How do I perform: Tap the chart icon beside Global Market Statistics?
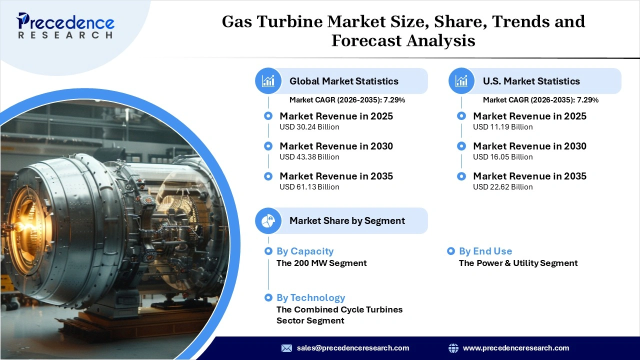tap(268, 81)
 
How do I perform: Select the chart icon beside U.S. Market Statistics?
tap(461, 81)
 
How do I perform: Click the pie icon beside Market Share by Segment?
tap(268, 220)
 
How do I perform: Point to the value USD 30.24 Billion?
tap(309, 127)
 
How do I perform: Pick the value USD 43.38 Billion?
tap(309, 157)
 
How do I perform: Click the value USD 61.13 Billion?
tap(309, 187)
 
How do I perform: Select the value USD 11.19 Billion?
tap(503, 127)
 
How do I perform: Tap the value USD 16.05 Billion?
tap(503, 157)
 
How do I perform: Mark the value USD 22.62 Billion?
tap(503, 187)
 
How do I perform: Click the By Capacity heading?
tap(305, 251)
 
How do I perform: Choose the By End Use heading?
tap(485, 251)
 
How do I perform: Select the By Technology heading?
tap(310, 297)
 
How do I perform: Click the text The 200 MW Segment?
tap(321, 263)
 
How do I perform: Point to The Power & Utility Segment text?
tap(518, 263)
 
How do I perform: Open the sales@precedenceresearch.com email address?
tap(353, 348)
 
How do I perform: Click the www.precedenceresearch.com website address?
tap(516, 348)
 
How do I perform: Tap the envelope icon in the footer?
tap(286, 348)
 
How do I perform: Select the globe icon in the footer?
tap(453, 348)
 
